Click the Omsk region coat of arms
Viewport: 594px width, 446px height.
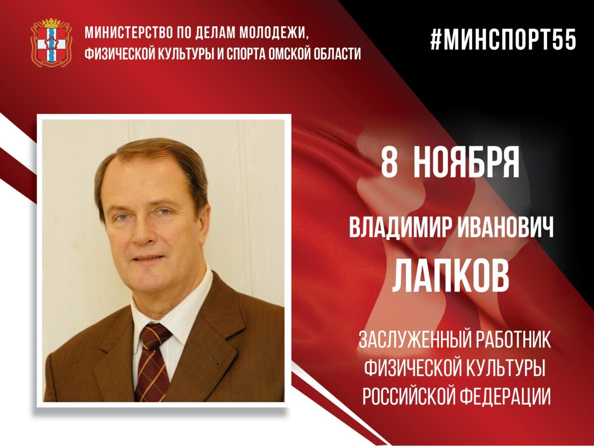coord(51,43)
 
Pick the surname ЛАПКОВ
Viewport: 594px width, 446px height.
coord(450,277)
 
